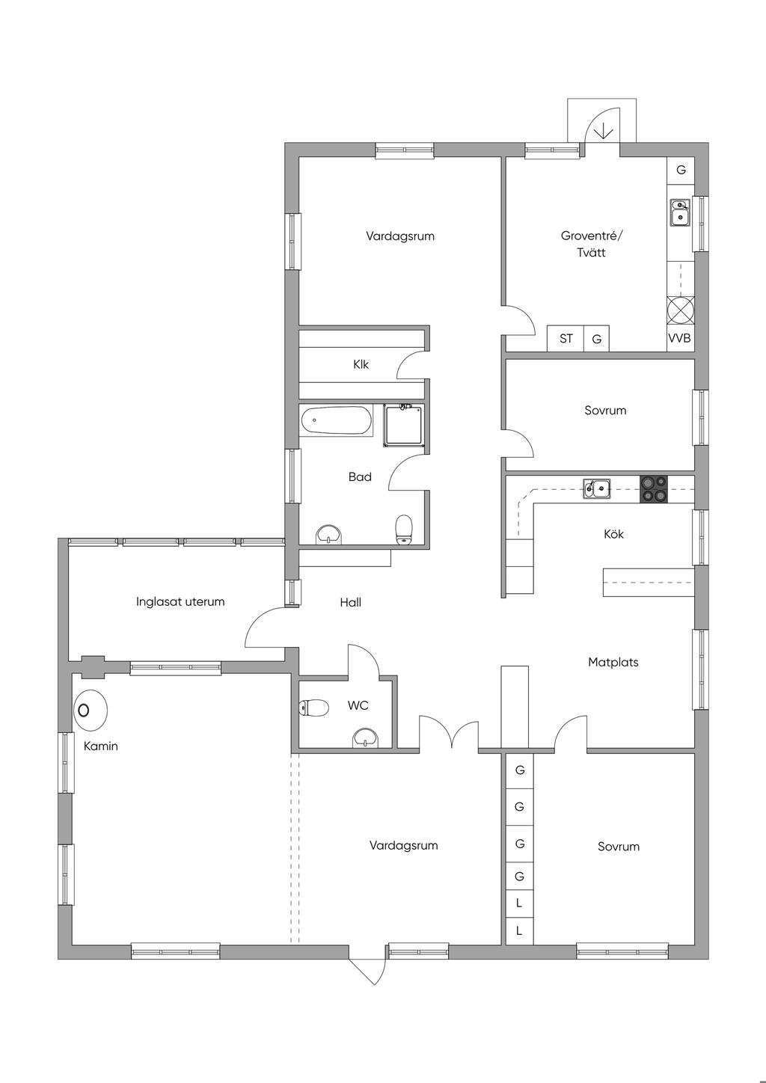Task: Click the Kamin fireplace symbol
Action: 91,711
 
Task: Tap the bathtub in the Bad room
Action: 336,420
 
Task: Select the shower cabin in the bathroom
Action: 402,426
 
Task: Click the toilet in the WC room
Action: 314,708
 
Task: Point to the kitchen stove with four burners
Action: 653,489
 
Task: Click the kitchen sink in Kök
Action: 596,488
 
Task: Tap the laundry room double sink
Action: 680,212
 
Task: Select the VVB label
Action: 679,338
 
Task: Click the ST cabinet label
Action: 566,338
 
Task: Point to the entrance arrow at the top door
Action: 604,130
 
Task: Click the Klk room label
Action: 361,364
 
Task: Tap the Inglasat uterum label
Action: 180,602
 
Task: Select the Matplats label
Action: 613,662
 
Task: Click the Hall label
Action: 350,602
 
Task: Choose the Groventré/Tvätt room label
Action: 592,244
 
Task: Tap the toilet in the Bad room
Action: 404,529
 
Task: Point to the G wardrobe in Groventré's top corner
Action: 681,170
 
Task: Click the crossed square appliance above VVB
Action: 681,310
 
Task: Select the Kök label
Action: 613,534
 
